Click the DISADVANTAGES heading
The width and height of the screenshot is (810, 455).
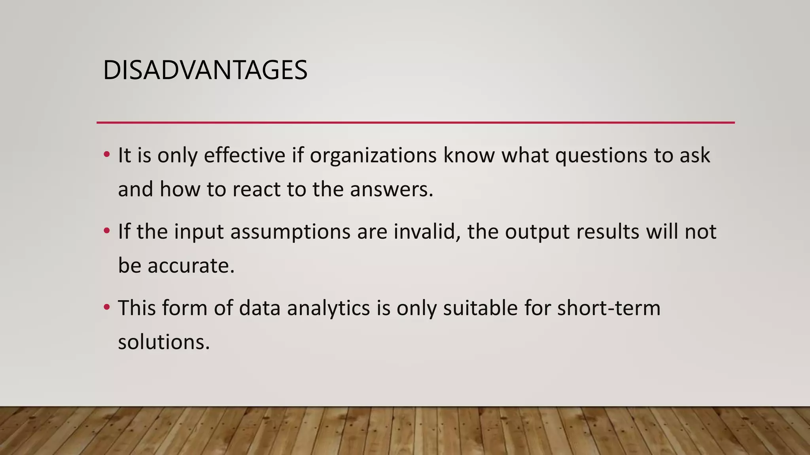205,70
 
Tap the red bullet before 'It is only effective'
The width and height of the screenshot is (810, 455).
106,154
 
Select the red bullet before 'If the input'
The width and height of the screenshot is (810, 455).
106,231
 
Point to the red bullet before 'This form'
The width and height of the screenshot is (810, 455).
106,307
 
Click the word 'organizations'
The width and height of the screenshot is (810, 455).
373,155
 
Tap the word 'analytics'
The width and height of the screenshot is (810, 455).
328,308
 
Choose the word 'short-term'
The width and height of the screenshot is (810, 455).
609,308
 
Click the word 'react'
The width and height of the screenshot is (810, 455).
257,189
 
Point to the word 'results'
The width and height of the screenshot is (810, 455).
607,231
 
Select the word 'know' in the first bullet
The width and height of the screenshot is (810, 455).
469,155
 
